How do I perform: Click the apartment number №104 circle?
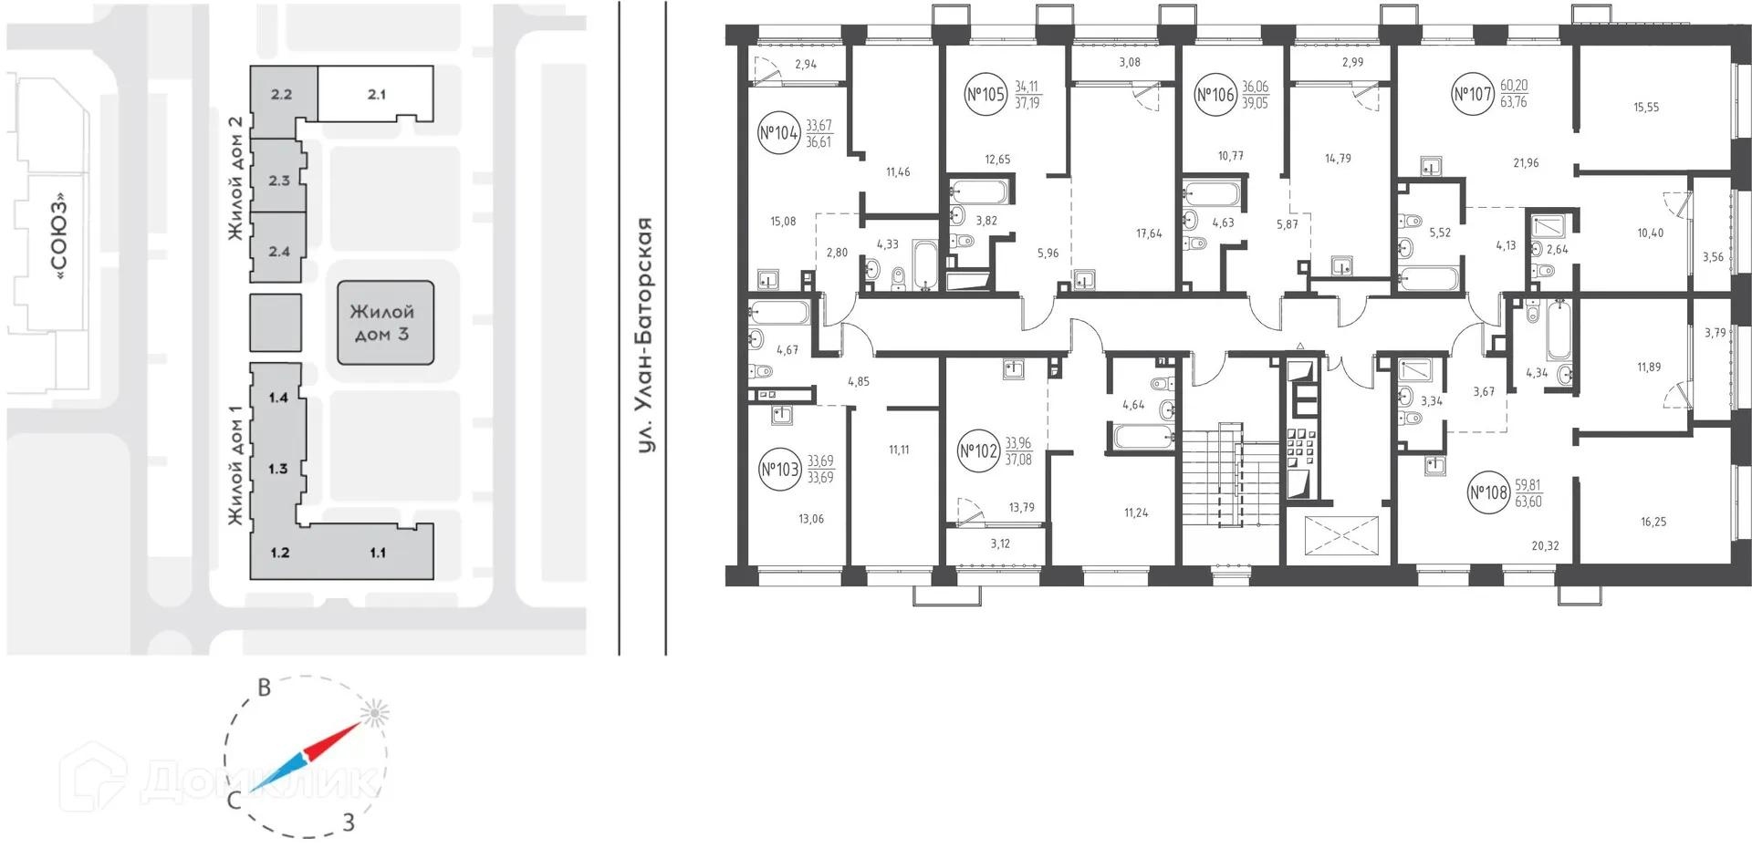(x=778, y=133)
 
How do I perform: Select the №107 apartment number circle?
(x=1473, y=94)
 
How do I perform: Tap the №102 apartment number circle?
(x=978, y=451)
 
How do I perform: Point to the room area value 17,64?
(x=1149, y=234)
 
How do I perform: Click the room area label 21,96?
(x=1526, y=163)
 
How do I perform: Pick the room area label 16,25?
(x=1653, y=523)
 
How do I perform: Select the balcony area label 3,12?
(x=1000, y=544)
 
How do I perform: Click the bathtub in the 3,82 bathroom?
(x=979, y=192)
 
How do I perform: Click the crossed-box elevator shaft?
(x=1340, y=535)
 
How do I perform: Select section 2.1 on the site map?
(x=376, y=94)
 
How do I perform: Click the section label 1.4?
(x=278, y=398)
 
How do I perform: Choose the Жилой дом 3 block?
(x=384, y=323)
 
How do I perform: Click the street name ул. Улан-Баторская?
(x=645, y=335)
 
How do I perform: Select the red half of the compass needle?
(x=332, y=740)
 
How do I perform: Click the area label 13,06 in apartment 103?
(x=810, y=520)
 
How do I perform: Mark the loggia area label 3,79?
(x=1715, y=334)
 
